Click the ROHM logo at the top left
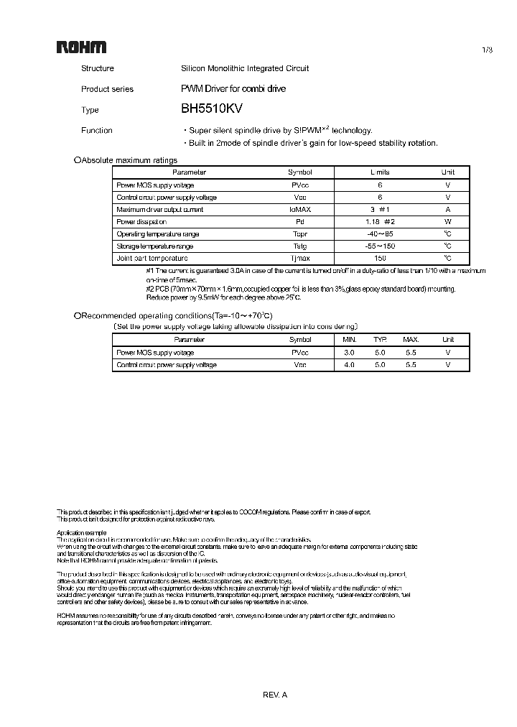pos(81,47)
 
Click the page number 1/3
pos(488,50)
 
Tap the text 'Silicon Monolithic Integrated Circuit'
pos(245,68)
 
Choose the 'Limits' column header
pos(380,172)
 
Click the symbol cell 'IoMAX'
pos(300,210)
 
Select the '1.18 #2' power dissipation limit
pos(380,222)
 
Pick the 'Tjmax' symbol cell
pos(300,258)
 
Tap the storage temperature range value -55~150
pos(380,246)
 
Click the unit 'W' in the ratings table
pos(447,222)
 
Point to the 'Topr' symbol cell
pos(300,234)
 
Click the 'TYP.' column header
pos(380,340)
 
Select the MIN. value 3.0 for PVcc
pos(350,353)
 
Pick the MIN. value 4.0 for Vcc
pos(350,365)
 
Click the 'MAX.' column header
pos(411,340)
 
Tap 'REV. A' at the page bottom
pos(275,695)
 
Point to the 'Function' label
pos(97,130)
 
